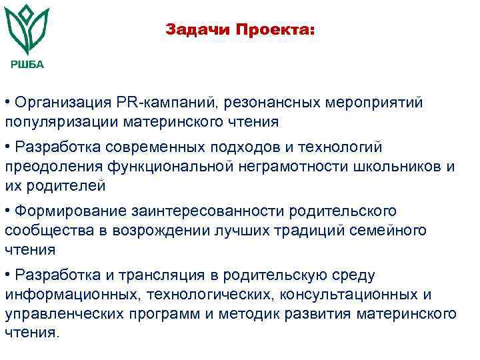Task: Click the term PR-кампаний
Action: pyautogui.click(x=167, y=103)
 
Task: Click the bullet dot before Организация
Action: pyautogui.click(x=7, y=103)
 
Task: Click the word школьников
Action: pyautogui.click(x=388, y=166)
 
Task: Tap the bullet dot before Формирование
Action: pyautogui.click(x=7, y=211)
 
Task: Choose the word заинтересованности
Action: pyautogui.click(x=191, y=211)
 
